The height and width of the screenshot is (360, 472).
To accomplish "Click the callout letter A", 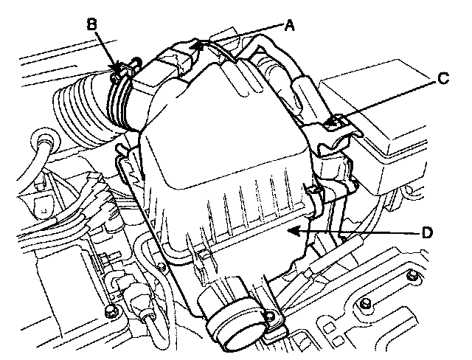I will (x=289, y=25).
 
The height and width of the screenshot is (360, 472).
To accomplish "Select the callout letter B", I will (x=92, y=23).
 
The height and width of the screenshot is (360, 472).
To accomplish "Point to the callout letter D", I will (x=426, y=232).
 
